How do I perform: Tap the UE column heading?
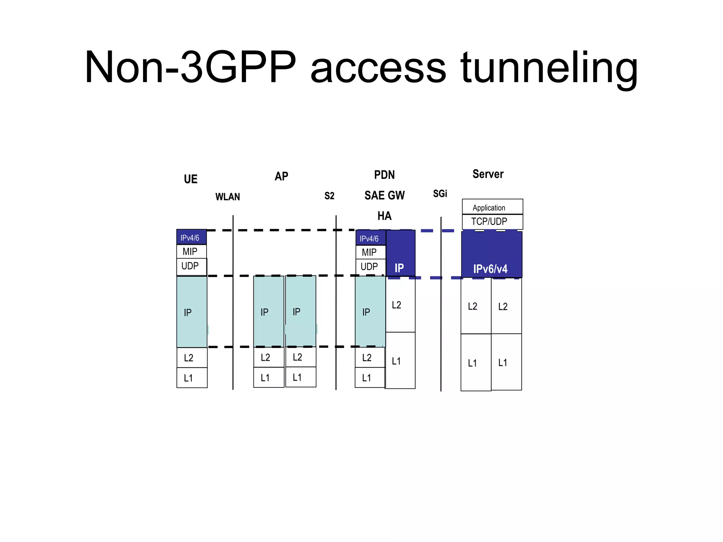(x=191, y=179)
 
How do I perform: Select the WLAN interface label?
(x=228, y=197)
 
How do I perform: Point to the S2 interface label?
(x=329, y=195)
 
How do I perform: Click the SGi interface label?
(x=440, y=193)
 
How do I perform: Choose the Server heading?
(x=488, y=174)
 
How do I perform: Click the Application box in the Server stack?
(x=492, y=207)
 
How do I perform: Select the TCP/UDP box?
(x=492, y=222)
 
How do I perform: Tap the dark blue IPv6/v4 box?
(x=491, y=254)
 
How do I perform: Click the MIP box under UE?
(x=191, y=252)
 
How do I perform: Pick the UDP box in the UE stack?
(x=191, y=266)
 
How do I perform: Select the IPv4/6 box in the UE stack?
(x=191, y=237)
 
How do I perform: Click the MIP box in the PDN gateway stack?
(x=370, y=252)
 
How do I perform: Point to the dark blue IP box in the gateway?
(x=400, y=253)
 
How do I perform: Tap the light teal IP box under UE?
(x=192, y=312)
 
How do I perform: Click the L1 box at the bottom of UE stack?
(x=192, y=378)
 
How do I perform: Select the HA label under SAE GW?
(x=384, y=216)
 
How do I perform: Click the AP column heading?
(x=281, y=176)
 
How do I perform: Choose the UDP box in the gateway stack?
(x=370, y=267)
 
